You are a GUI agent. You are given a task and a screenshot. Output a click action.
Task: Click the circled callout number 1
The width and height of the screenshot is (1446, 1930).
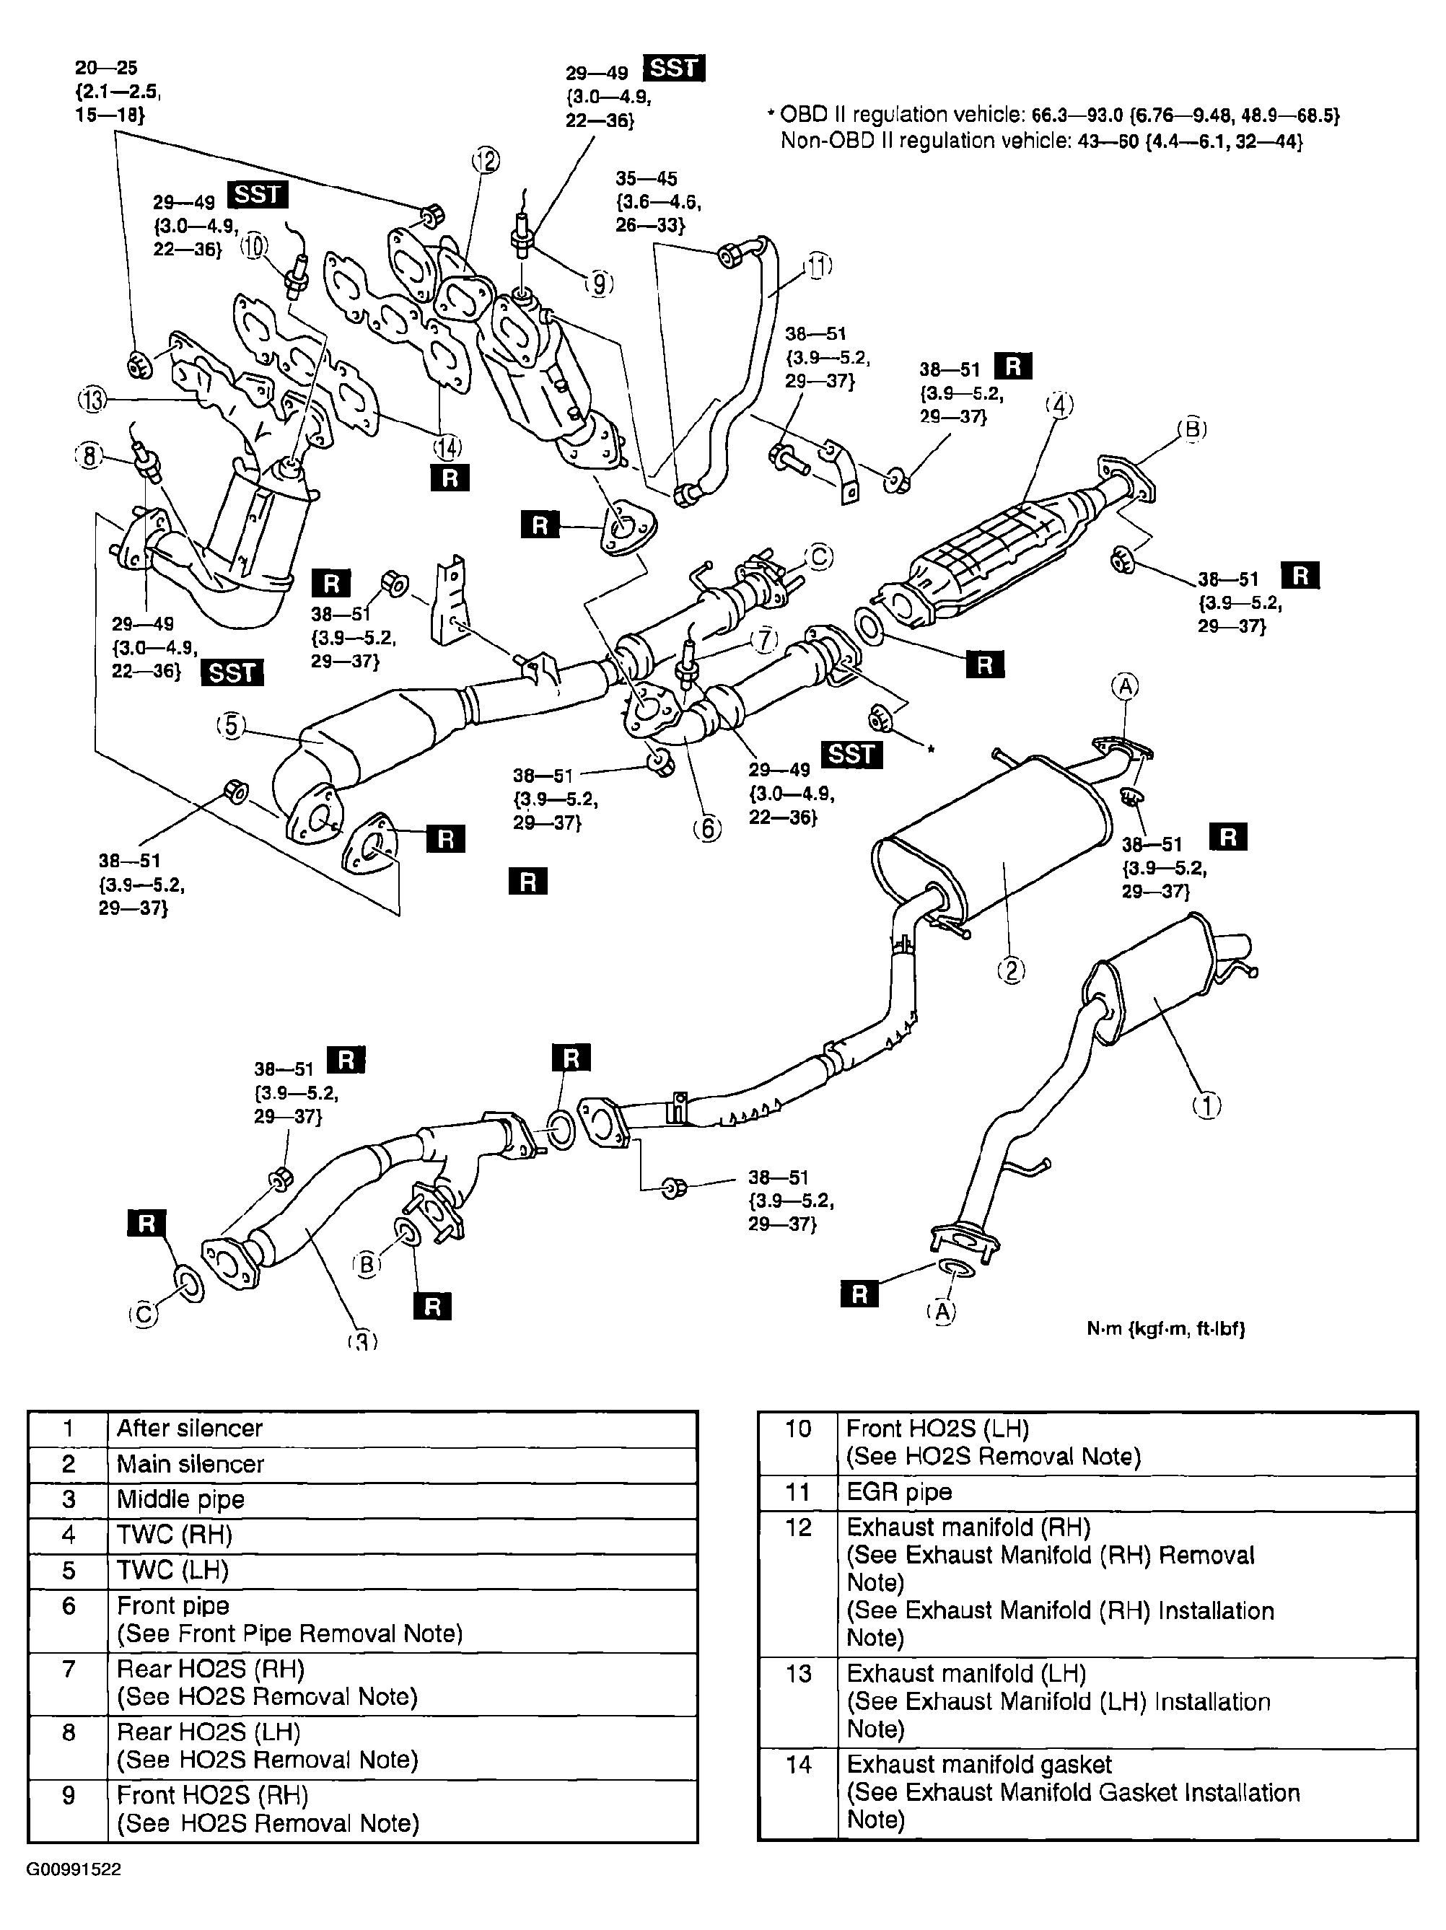click(1207, 1105)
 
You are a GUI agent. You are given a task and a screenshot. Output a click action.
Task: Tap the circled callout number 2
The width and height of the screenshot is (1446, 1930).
click(1012, 970)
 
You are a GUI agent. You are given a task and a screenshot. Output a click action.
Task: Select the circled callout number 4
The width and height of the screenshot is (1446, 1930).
click(1059, 405)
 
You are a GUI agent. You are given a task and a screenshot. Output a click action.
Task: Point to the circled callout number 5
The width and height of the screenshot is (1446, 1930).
click(231, 726)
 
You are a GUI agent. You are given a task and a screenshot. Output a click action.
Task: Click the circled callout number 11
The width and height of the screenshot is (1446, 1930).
click(818, 266)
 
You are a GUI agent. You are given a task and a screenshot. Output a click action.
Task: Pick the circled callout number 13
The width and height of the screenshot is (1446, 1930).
click(92, 400)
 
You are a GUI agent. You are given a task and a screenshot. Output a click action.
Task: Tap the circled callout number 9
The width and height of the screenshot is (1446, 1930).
click(599, 283)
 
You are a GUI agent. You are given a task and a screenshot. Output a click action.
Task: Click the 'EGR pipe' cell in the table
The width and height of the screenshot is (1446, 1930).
click(899, 1492)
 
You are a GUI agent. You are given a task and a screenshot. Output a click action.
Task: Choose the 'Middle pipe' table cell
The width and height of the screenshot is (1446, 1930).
click(180, 1499)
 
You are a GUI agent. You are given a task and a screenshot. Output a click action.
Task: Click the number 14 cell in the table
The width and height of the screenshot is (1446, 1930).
click(797, 1764)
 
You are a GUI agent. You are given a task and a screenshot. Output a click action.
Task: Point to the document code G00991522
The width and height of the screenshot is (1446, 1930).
click(74, 1911)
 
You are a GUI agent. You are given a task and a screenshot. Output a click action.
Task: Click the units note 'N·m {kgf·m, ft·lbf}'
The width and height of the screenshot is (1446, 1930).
click(1165, 1328)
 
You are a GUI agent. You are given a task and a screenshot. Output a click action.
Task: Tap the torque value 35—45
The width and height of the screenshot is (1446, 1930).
click(646, 179)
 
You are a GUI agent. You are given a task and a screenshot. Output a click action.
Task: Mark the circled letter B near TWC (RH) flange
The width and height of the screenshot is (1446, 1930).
click(1191, 429)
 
